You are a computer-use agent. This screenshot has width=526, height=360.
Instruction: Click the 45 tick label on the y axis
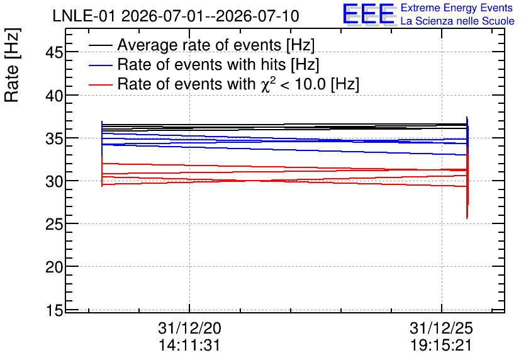[54, 52]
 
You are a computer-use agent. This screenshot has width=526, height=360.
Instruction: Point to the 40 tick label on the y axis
[54, 96]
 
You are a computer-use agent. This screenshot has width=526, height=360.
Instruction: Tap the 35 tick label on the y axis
[54, 138]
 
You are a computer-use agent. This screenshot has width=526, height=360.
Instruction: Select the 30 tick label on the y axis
[54, 181]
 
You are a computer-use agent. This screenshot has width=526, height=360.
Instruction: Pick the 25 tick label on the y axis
[54, 224]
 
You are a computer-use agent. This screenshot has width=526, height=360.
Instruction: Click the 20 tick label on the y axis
[54, 267]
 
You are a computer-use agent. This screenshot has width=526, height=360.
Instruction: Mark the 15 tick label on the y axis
[54, 310]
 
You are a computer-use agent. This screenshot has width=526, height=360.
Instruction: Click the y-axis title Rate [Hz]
[12, 65]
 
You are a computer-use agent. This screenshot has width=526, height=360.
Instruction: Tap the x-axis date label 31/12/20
[189, 328]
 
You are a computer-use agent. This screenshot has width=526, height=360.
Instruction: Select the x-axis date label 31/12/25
[441, 328]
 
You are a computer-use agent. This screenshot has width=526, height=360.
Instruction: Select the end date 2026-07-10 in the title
[257, 16]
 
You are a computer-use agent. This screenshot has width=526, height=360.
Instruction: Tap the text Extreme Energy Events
[457, 8]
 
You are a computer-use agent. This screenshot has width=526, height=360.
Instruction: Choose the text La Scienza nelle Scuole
[457, 21]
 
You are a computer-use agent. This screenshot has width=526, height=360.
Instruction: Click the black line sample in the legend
[100, 45]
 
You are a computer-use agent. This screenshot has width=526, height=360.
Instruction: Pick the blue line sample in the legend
[100, 65]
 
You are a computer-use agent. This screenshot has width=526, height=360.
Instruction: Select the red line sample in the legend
[100, 84]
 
